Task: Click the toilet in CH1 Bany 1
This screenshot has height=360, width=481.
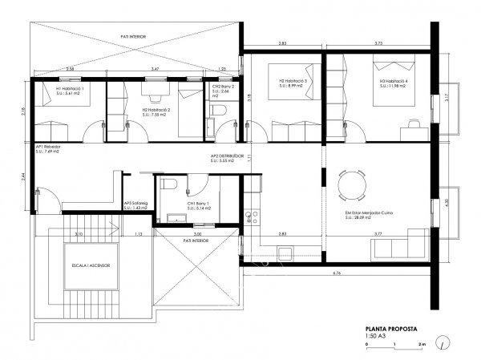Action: [166, 185]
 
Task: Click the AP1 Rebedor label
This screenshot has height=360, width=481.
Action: [47, 150]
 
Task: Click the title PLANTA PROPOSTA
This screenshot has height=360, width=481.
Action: [383, 329]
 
